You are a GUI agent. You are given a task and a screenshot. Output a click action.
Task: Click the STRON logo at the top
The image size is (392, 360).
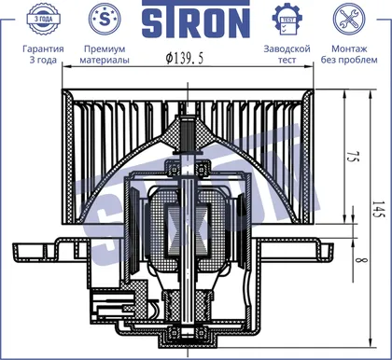[x=196, y=19]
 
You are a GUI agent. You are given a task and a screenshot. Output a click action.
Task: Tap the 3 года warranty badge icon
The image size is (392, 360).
[x=43, y=19]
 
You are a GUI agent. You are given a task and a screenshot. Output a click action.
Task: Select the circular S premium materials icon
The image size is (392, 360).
[x=105, y=19]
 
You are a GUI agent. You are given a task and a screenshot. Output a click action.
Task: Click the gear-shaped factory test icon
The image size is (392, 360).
[x=287, y=19]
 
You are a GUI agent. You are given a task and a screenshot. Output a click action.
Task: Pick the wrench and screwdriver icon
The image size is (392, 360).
[x=349, y=19]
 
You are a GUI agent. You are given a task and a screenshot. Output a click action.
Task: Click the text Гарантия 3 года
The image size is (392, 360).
[x=43, y=54]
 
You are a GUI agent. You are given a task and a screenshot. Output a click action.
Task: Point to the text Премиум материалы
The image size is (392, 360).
[x=105, y=54]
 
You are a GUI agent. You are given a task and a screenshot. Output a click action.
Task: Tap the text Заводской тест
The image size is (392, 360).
[x=287, y=54]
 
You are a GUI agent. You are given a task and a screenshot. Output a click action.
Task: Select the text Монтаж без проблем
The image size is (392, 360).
[x=349, y=54]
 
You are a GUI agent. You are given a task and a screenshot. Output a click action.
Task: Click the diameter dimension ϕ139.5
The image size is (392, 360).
[x=185, y=58]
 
